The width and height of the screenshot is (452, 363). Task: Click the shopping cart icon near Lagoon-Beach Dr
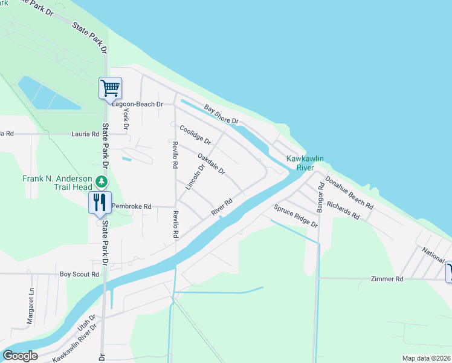[111, 88]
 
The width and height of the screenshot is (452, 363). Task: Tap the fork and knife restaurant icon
[100, 202]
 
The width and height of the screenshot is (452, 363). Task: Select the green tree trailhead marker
[103, 181]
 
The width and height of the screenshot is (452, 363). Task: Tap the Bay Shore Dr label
[222, 115]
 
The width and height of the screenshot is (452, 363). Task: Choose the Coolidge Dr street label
[195, 134]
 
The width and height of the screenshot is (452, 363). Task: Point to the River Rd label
[222, 207]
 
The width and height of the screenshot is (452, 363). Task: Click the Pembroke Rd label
[131, 206]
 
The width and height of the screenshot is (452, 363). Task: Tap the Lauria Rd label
[85, 134]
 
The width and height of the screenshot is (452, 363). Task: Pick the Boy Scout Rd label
[79, 274]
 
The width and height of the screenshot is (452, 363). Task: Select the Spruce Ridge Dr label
[295, 216]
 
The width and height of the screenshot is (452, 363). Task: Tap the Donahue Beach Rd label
[349, 192]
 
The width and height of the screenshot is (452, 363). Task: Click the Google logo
[20, 356]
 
